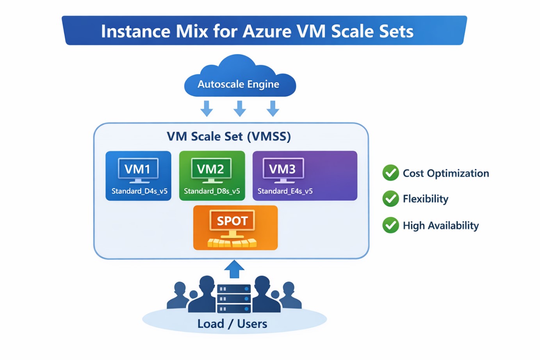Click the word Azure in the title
[267, 31]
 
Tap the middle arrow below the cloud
[239, 108]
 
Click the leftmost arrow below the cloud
[207, 108]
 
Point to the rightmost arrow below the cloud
[273, 108]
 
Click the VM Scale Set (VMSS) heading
[229, 136]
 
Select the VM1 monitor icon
[138, 170]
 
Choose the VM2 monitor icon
[211, 170]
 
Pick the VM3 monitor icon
[283, 170]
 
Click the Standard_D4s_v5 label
[139, 191]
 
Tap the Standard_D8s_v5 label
[212, 191]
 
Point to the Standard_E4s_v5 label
[285, 191]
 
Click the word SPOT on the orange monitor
[232, 221]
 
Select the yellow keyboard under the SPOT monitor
[232, 243]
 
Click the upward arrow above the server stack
[234, 269]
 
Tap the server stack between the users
[234, 299]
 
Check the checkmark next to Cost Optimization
[390, 173]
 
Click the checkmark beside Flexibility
[390, 199]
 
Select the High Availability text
[440, 226]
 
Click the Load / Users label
[232, 324]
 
